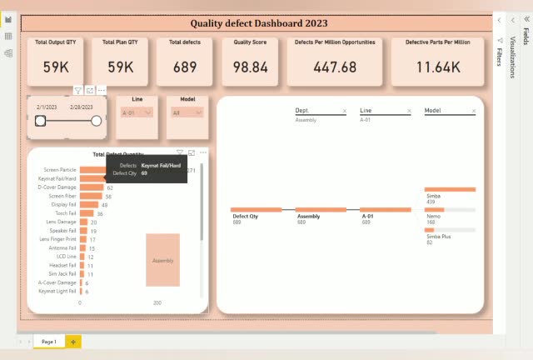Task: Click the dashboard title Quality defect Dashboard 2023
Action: (257, 25)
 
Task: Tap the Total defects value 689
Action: (185, 67)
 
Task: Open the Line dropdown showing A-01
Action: (137, 112)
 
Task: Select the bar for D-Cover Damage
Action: (92, 187)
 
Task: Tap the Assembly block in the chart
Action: (162, 260)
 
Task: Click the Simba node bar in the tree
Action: (450, 190)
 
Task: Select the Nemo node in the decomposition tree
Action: (434, 210)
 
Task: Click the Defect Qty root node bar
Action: (256, 210)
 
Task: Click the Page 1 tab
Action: (49, 342)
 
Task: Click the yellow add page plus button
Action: (73, 342)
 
